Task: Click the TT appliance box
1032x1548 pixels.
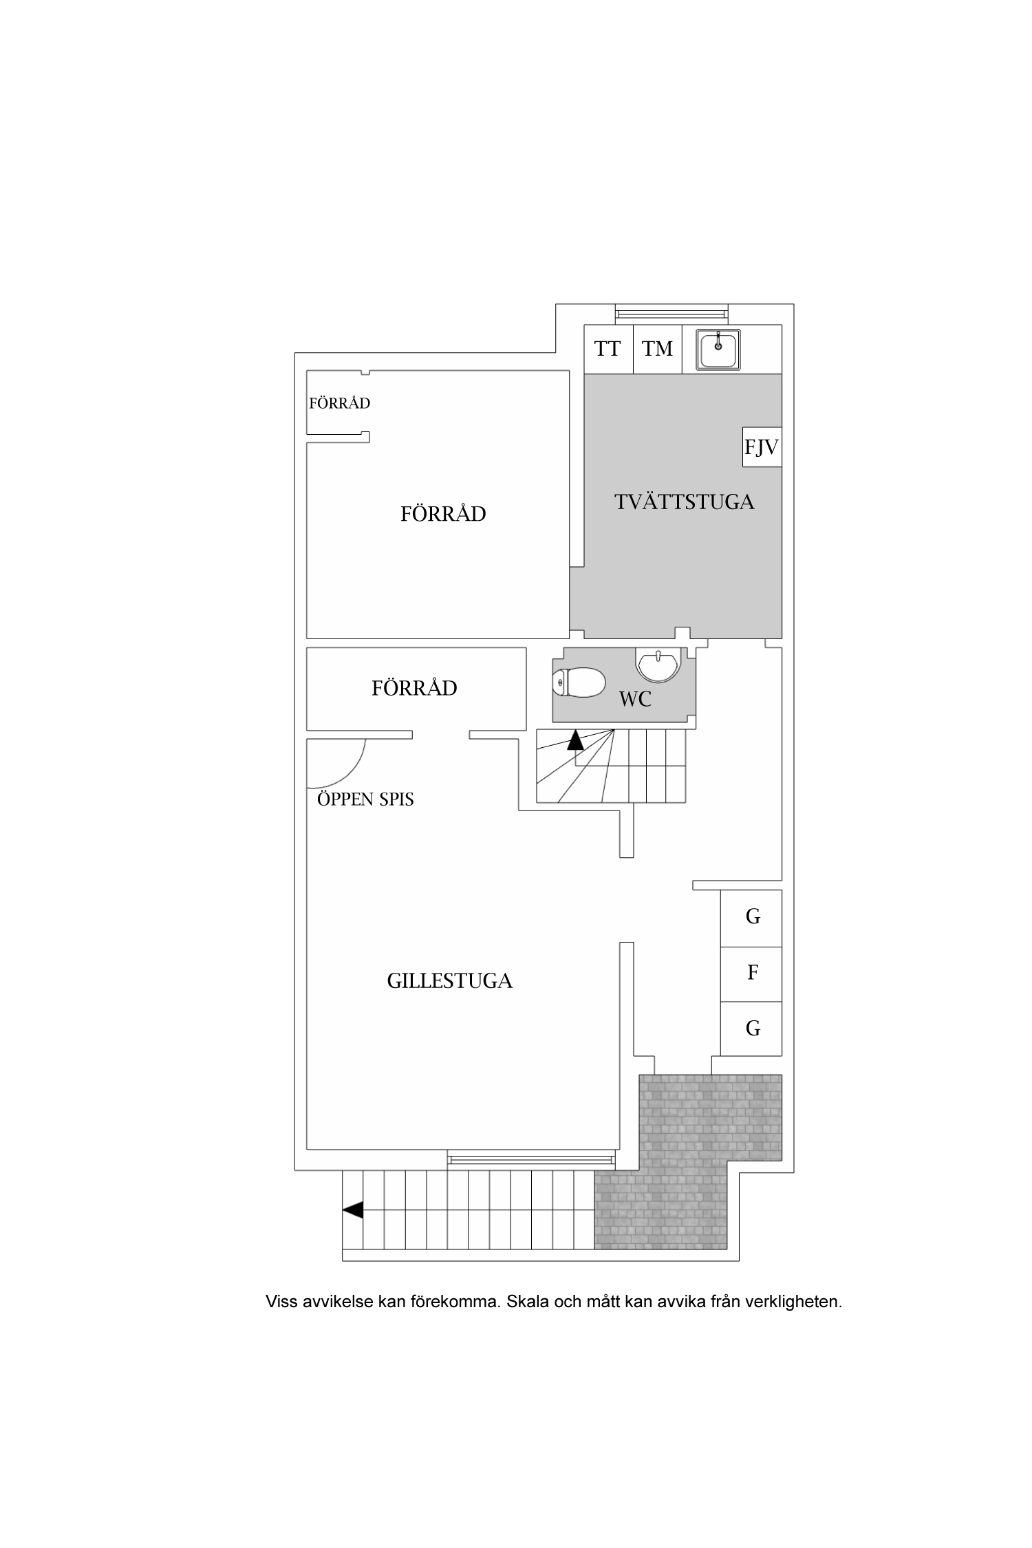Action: pyautogui.click(x=608, y=349)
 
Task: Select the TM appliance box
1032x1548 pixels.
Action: pyautogui.click(x=658, y=349)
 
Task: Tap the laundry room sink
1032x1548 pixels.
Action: pyautogui.click(x=718, y=349)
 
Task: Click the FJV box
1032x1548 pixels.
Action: pyautogui.click(x=762, y=447)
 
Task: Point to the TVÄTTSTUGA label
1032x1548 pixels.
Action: pyautogui.click(x=685, y=502)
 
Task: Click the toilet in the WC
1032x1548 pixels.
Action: pyautogui.click(x=579, y=682)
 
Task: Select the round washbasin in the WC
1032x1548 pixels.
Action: pyautogui.click(x=659, y=665)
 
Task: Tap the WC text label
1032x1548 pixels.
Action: pyautogui.click(x=635, y=700)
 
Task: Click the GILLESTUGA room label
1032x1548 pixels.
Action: pyautogui.click(x=450, y=980)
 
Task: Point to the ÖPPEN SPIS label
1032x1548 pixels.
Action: pyautogui.click(x=365, y=799)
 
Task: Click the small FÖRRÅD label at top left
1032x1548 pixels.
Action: pyautogui.click(x=339, y=403)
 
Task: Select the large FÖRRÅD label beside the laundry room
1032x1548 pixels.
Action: pyautogui.click(x=443, y=514)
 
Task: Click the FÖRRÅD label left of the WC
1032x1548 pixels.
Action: pyautogui.click(x=414, y=688)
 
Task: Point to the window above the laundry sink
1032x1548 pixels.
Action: pyautogui.click(x=671, y=314)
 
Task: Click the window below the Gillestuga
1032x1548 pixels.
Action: pyautogui.click(x=532, y=1159)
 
